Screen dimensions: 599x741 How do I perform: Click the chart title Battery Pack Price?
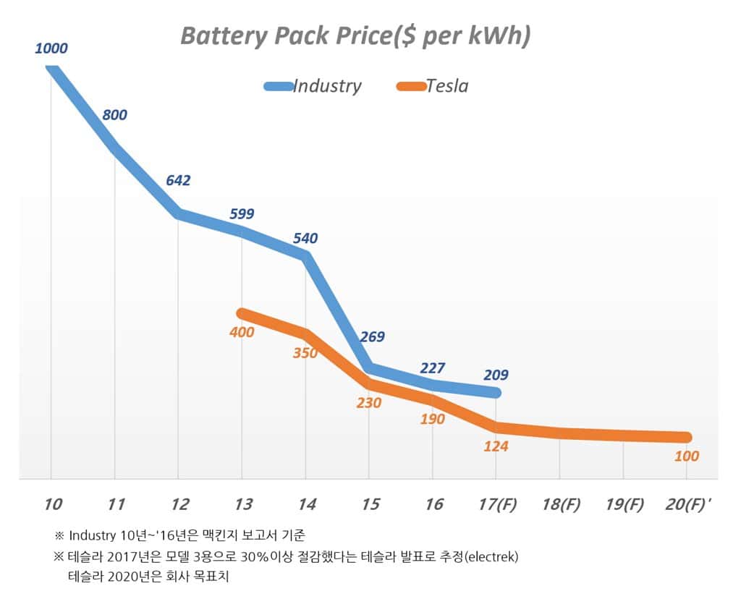point(355,35)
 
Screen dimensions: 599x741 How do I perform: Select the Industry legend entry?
point(326,86)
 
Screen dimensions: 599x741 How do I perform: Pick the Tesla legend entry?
point(446,86)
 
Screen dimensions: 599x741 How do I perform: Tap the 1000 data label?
point(51,48)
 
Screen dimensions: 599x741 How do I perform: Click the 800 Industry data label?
point(114,114)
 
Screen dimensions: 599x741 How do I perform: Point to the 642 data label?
point(178,180)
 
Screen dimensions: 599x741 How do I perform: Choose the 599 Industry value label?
point(241,213)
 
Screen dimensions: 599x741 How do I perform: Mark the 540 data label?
point(305,238)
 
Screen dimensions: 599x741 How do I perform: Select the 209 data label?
point(496,375)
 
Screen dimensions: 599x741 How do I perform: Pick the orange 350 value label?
point(305,354)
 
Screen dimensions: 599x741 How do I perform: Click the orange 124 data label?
point(496,446)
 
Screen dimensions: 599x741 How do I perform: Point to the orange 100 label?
point(686,456)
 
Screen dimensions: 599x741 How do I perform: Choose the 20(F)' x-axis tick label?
point(688,504)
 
